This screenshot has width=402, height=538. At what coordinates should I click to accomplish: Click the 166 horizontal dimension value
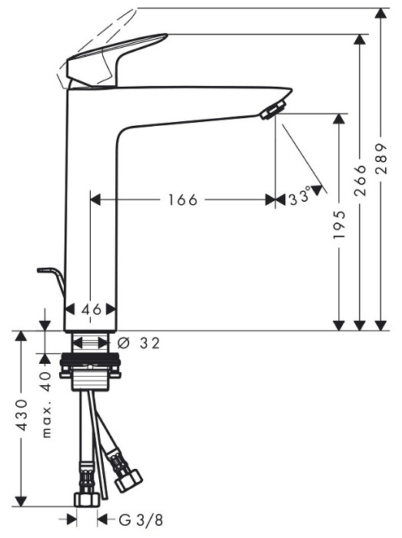182,200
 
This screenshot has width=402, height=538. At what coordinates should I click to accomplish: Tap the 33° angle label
298,198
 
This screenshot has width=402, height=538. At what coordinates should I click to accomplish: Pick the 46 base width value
91,309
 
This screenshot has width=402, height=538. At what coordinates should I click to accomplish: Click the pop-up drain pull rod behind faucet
51,277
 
